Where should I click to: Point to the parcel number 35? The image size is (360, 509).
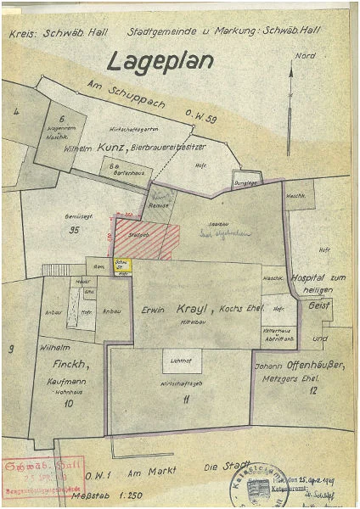click(75, 229)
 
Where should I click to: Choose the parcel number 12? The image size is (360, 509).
click(313, 391)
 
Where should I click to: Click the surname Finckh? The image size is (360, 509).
click(65, 366)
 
